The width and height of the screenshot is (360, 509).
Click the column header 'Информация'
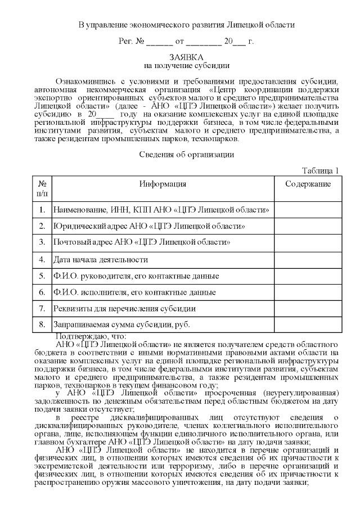pos(163,184)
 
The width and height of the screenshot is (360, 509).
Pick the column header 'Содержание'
pos(308,184)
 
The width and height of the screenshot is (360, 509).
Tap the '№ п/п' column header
pos(42,188)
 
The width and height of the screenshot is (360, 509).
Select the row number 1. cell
pos(42,210)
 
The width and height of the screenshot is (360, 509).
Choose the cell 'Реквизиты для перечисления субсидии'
pos(124,308)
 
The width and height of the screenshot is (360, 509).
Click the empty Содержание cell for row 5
pos(308,276)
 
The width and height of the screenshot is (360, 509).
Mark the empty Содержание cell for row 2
pos(308,226)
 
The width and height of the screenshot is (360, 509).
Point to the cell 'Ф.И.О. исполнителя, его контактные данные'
pos(134,292)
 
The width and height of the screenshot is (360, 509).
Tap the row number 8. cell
pos(42,325)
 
